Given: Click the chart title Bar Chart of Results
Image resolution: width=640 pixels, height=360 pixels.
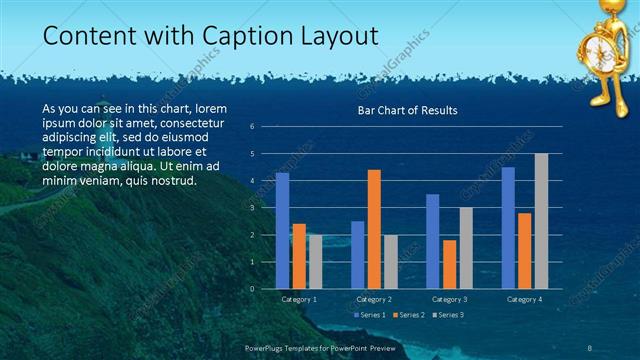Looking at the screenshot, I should [407, 111].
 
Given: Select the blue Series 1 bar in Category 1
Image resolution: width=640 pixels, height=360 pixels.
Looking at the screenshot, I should [282, 230].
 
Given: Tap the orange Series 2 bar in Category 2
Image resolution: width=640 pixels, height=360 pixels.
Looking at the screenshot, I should [374, 228].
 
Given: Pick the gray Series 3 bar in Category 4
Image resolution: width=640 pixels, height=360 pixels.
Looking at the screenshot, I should [541, 220].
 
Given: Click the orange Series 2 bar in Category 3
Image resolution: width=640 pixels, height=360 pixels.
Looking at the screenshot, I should [449, 264].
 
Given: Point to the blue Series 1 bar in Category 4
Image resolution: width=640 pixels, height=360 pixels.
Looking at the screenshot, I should [508, 227].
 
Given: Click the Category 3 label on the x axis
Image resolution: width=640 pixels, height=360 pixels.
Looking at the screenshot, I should [449, 299].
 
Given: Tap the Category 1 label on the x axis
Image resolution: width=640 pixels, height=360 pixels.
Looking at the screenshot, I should [298, 299].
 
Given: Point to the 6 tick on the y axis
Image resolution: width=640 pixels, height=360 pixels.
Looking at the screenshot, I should [252, 126].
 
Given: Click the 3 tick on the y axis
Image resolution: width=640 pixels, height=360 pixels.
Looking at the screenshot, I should [252, 207].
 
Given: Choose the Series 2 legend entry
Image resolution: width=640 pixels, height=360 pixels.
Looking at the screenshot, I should [411, 315].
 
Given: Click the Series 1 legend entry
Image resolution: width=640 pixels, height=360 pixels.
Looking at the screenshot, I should [372, 315].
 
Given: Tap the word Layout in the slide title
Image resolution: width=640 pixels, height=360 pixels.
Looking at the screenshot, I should [338, 37].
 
